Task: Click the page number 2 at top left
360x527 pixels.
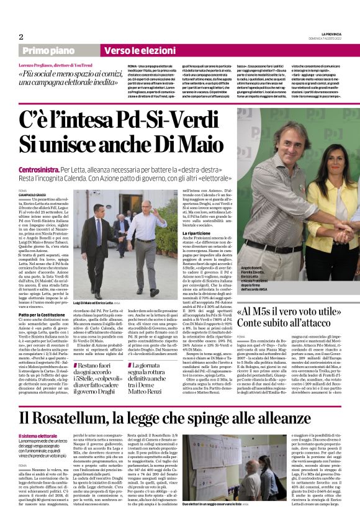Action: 21,37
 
